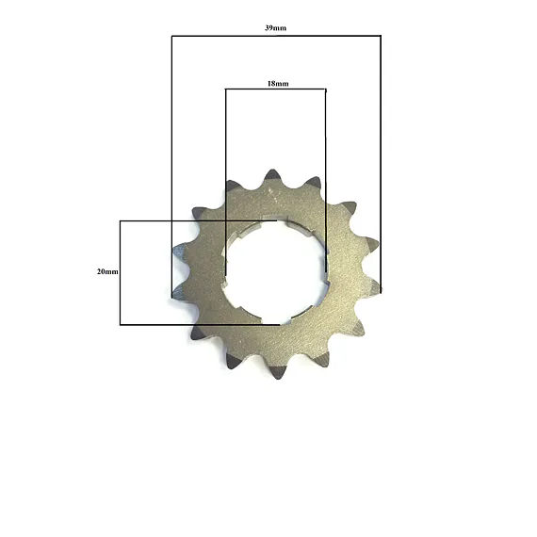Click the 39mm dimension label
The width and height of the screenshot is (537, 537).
pyautogui.click(x=275, y=28)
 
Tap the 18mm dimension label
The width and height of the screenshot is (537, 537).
pyautogui.click(x=278, y=84)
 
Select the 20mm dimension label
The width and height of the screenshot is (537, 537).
pyautogui.click(x=107, y=271)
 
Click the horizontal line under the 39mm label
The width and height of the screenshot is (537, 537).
pyautogui.click(x=276, y=36)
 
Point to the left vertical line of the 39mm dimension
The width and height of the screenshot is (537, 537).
pyautogui.click(x=171, y=167)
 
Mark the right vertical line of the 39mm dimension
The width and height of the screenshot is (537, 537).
pyautogui.click(x=381, y=164)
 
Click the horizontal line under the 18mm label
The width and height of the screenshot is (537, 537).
pyautogui.click(x=276, y=89)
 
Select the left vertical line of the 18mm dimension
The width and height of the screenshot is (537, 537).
pyautogui.click(x=226, y=182)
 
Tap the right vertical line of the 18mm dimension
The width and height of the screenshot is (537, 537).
pyautogui.click(x=325, y=181)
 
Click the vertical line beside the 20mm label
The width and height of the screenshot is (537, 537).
pyautogui.click(x=121, y=273)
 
